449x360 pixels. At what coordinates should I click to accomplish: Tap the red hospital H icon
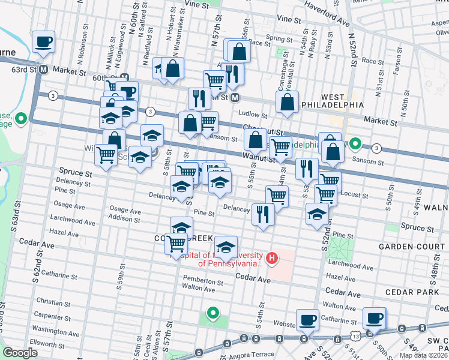click(272, 259)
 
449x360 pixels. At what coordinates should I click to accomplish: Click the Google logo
click(20, 353)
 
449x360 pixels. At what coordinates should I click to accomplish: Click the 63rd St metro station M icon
click(43, 70)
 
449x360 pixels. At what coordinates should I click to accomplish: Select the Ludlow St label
click(252, 114)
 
